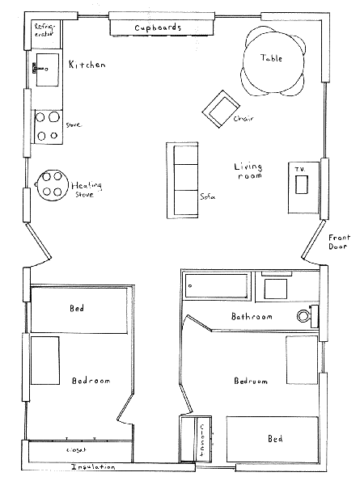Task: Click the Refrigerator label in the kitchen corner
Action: point(44,30)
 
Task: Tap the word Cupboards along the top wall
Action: point(158,27)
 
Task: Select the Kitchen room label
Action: point(87,65)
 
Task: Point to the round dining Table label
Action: point(271,58)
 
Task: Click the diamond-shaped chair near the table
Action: point(221,109)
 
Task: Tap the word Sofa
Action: point(207,196)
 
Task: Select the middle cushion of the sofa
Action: point(185,177)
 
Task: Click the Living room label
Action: point(248,171)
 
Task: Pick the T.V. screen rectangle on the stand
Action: point(301,184)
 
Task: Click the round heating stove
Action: point(52,185)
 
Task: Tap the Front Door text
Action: point(339,242)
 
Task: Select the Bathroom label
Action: point(252,316)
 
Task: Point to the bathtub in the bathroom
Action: point(216,286)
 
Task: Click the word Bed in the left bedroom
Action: point(77,308)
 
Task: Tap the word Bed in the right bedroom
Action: point(275,439)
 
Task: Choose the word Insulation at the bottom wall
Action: point(93,466)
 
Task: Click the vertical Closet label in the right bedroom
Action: point(202,441)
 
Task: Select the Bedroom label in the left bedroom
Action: point(91,381)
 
